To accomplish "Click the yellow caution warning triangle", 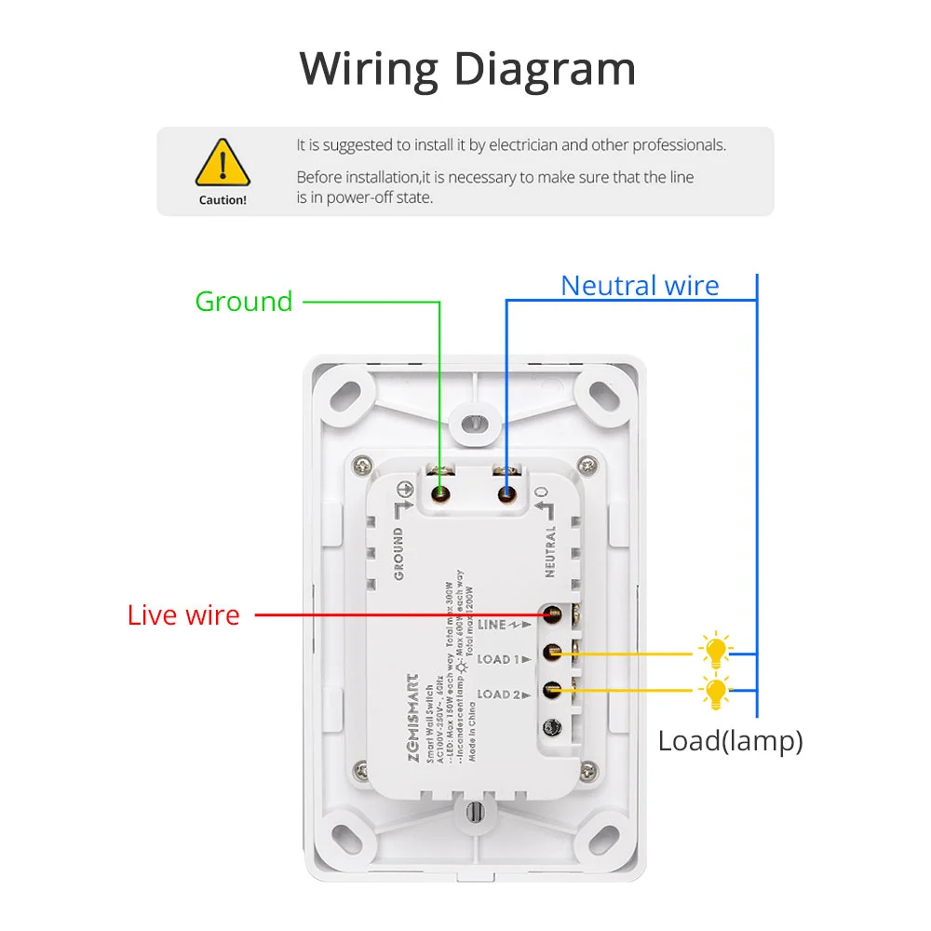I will [x=223, y=163].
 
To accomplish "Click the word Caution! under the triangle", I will [x=223, y=200].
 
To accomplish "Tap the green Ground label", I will [x=244, y=302].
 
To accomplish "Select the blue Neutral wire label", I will [x=640, y=286].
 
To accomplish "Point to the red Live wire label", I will [x=183, y=615].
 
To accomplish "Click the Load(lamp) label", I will [x=730, y=742].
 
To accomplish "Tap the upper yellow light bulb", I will [x=715, y=651].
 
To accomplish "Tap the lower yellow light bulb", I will [x=715, y=691].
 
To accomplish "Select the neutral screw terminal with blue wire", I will [x=506, y=493].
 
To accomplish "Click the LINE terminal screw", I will [x=552, y=615].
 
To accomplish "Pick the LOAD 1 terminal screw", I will [x=552, y=654].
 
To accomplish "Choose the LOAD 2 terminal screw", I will [x=552, y=691].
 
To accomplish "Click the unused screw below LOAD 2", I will [x=552, y=726].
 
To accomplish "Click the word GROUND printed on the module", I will [x=398, y=553].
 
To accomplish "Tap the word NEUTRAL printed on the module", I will [x=550, y=551].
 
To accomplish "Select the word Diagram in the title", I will [x=547, y=69].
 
